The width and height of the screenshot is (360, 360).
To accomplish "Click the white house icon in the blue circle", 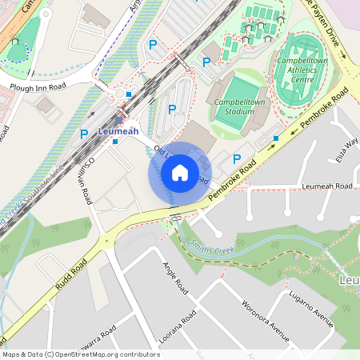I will (180, 173).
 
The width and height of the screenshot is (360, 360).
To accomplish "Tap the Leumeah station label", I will (118, 131).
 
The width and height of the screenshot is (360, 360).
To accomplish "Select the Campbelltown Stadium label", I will (238, 106).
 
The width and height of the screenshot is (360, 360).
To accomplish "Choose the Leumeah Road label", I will (327, 186).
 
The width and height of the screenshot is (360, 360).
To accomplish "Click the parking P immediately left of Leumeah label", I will (83, 134).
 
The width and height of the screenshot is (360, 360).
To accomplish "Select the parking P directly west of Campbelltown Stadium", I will (171, 109).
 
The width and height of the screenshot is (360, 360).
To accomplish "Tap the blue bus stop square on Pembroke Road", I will (276, 138).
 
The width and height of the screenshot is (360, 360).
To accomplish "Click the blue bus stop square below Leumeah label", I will (115, 142).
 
